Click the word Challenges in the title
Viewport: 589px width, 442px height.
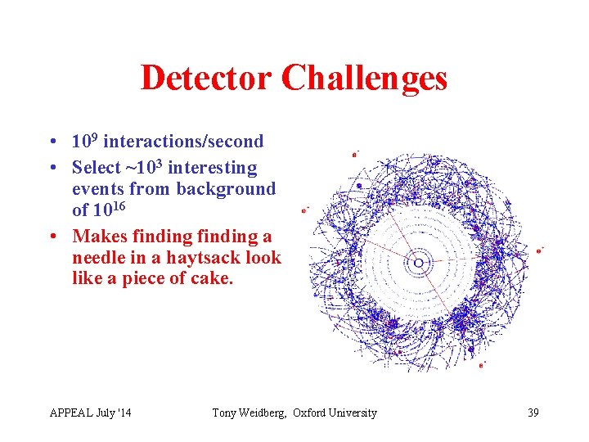[364, 79]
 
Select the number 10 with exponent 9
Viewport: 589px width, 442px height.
[83, 141]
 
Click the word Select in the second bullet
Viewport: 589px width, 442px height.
[96, 168]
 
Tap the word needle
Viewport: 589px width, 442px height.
[99, 258]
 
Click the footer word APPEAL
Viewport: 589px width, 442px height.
[71, 413]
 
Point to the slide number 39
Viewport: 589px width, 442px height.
[533, 413]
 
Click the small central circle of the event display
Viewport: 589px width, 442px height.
[418, 263]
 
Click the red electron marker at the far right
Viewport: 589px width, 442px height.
[538, 250]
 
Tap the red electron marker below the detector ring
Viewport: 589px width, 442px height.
[481, 365]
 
